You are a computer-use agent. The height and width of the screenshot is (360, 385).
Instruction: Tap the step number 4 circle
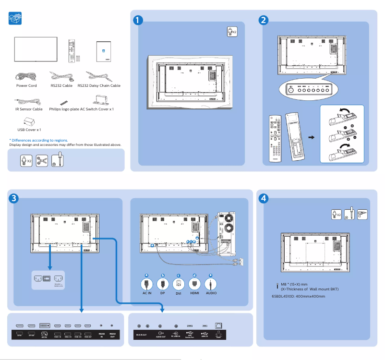(264, 198)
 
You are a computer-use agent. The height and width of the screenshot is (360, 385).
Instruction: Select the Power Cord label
(26, 85)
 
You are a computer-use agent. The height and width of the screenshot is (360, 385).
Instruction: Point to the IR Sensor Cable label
(26, 109)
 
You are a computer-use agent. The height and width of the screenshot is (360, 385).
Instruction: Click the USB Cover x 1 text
(29, 130)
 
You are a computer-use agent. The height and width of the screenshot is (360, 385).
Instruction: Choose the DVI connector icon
(178, 284)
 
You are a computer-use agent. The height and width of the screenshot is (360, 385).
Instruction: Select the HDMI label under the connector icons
(194, 292)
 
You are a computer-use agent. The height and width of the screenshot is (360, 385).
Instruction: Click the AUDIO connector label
(211, 292)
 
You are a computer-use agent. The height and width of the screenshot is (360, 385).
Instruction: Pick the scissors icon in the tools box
(42, 160)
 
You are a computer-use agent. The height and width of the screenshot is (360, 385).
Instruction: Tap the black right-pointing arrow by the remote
(311, 138)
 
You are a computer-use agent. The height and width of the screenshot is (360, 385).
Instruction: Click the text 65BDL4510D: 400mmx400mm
(298, 296)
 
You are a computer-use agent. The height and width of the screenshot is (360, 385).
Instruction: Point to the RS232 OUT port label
(112, 335)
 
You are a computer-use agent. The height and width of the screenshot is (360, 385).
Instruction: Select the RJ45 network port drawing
(219, 325)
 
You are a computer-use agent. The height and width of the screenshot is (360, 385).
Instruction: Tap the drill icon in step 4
(362, 214)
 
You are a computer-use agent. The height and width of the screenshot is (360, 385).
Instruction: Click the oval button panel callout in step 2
(307, 89)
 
